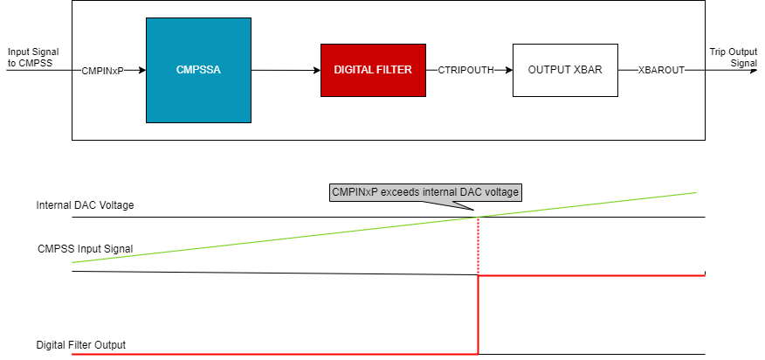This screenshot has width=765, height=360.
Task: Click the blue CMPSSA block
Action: coord(198,69)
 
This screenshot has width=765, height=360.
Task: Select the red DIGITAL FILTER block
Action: coord(373,69)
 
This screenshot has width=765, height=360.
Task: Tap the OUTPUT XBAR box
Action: coord(565,69)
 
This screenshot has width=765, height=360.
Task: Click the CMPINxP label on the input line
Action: coord(102,69)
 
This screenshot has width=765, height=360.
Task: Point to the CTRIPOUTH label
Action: coord(465,69)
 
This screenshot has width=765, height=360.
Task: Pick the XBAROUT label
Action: coord(662,69)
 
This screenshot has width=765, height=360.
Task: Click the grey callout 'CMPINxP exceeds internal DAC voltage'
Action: coord(426,192)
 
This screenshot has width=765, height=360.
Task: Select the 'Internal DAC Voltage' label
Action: coord(85,205)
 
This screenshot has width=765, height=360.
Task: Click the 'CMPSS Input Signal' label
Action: coord(85,249)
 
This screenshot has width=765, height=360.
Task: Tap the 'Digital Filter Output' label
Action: coord(81,345)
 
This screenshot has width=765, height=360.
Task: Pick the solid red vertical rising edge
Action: coord(478,315)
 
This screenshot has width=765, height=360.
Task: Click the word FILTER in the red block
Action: coord(397,69)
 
